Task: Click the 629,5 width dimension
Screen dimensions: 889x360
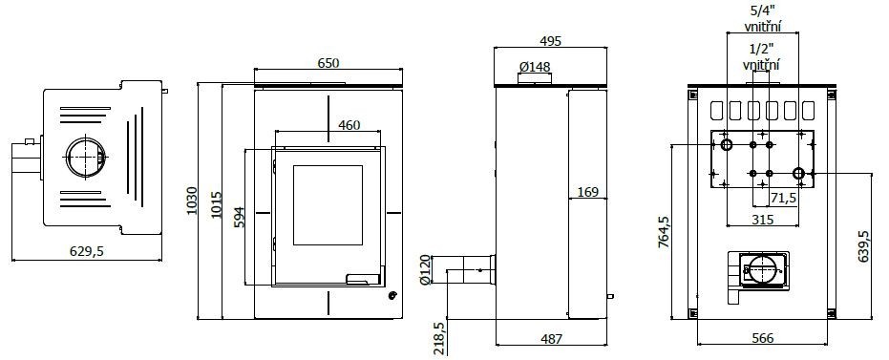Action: click(x=86, y=252)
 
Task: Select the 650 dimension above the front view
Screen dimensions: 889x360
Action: click(x=328, y=63)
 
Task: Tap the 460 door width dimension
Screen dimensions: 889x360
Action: click(x=349, y=125)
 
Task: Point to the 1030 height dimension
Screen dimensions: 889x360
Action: click(x=192, y=201)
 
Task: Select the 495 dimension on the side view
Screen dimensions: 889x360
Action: click(x=551, y=41)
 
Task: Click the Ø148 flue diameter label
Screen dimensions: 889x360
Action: click(x=535, y=67)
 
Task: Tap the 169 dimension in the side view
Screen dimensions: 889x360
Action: click(x=588, y=192)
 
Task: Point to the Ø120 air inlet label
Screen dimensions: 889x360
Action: click(x=425, y=270)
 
